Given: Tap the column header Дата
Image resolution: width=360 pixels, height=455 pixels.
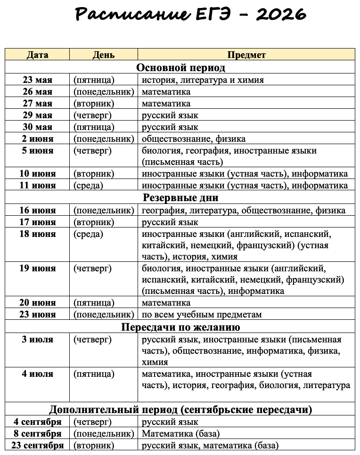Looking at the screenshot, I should (37, 55).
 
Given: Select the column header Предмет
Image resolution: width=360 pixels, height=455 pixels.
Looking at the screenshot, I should (246, 55).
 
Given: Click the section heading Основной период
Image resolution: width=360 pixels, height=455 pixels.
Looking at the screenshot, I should (180, 67).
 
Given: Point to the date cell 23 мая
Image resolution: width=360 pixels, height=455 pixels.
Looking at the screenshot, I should (37, 80).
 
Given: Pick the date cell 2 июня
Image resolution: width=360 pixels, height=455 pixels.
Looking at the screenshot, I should (37, 139).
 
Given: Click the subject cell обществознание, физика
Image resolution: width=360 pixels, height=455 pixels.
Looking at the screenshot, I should (194, 139).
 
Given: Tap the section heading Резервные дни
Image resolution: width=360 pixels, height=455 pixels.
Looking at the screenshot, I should (180, 198).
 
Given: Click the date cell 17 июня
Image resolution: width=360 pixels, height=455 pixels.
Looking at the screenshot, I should (37, 222).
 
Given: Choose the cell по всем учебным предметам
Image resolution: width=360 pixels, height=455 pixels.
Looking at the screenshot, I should (202, 314).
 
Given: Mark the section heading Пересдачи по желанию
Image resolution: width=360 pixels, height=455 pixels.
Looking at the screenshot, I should (180, 327).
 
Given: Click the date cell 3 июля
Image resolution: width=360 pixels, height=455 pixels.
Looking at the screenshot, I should (37, 340).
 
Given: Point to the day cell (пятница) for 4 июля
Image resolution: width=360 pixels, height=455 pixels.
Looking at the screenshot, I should (94, 374).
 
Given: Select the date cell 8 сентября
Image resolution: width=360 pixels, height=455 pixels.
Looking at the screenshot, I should (37, 433).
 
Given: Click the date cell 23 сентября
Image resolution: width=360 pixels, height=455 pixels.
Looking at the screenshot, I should (37, 445).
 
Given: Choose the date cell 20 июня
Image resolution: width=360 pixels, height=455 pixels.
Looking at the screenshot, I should (37, 302).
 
